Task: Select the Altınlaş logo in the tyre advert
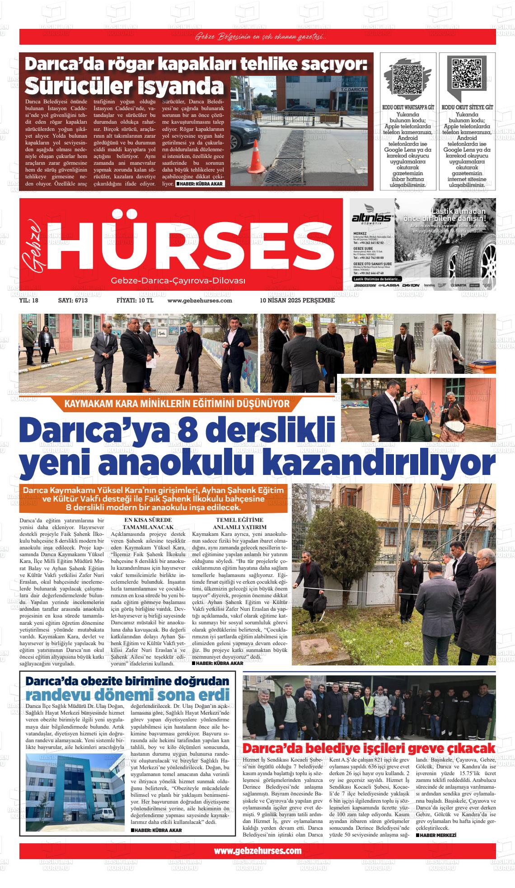pyautogui.click(x=373, y=219)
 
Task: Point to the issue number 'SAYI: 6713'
pyautogui.click(x=73, y=301)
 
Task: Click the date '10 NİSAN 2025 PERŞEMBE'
pyautogui.click(x=297, y=301)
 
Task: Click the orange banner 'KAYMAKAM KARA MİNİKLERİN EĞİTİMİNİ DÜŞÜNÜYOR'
pyautogui.click(x=177, y=403)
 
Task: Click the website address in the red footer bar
pyautogui.click(x=257, y=851)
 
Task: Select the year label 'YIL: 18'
pyautogui.click(x=29, y=301)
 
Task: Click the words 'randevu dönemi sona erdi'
pyautogui.click(x=128, y=695)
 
